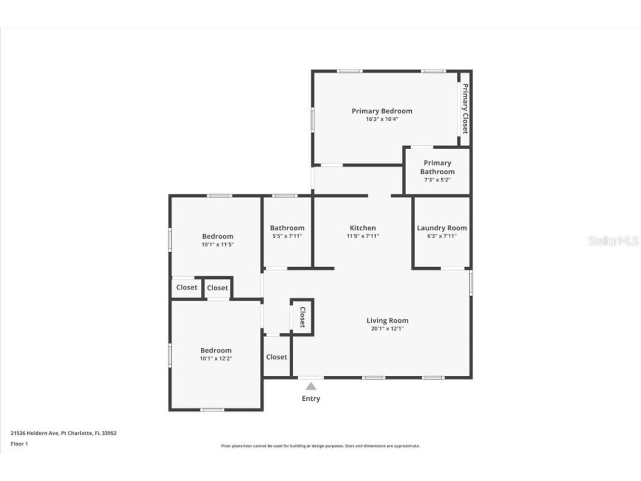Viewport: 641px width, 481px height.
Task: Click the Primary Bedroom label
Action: pos(382,111)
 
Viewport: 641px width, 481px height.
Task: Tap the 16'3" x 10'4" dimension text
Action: pos(382,119)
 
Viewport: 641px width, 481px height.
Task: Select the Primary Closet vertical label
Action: pos(465,109)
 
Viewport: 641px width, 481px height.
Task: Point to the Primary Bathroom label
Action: pos(437,167)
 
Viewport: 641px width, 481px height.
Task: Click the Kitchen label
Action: pos(363,228)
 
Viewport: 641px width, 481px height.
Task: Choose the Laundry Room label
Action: pos(442,228)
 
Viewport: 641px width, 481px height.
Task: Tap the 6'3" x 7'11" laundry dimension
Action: pos(442,236)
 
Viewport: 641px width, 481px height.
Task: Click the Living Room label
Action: pos(387,320)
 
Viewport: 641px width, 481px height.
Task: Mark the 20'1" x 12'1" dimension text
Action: pos(387,328)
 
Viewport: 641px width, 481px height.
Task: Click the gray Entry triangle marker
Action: pos(311,386)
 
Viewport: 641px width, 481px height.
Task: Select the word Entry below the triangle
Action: pos(311,399)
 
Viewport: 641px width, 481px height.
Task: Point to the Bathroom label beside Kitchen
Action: pos(287,228)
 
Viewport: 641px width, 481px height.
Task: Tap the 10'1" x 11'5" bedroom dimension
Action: pos(218,244)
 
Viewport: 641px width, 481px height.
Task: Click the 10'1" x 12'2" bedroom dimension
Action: pos(216,359)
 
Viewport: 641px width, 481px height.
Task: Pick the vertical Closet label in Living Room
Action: pos(303,317)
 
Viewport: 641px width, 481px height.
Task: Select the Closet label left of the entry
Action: pos(277,357)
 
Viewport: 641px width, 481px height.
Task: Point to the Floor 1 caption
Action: pos(19,444)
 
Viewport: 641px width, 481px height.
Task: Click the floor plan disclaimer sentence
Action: pos(320,446)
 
